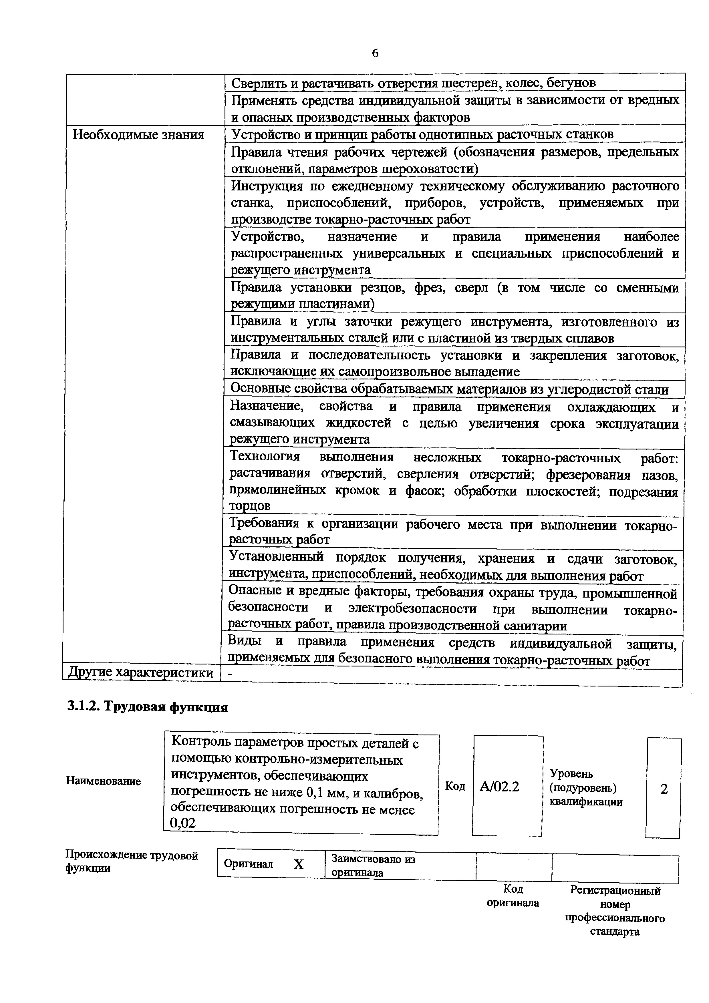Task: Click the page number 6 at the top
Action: pyautogui.click(x=375, y=53)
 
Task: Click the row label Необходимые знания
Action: pyautogui.click(x=138, y=135)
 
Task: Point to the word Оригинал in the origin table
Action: pyautogui.click(x=248, y=864)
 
